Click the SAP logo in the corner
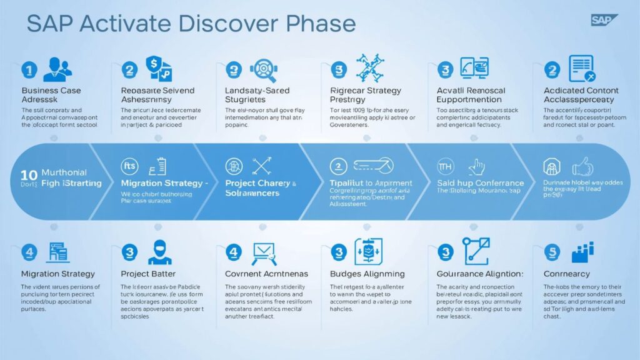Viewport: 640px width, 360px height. coord(604,20)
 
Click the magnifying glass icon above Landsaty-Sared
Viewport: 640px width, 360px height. coord(262,70)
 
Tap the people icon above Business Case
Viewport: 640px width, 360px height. coord(57,70)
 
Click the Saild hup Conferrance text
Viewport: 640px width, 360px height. coord(479,183)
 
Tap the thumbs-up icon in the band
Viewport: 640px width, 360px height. coord(582,166)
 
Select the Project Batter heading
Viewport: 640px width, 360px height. coord(148,274)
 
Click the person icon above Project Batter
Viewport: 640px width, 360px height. coord(159,252)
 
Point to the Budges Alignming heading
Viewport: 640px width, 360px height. coord(367,274)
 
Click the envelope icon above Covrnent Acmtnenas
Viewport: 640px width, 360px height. coord(264,252)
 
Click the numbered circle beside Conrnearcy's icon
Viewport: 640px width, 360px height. coord(551,252)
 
